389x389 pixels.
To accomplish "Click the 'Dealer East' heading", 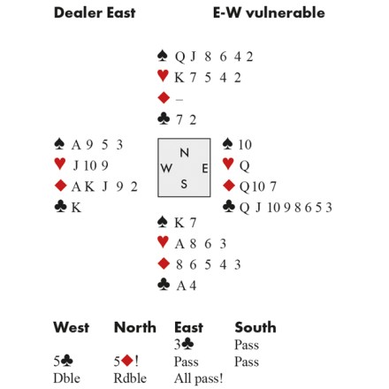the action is coord(95,13).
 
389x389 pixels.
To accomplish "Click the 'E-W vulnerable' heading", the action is coord(269,13).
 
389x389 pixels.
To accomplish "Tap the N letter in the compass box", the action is coord(184,153).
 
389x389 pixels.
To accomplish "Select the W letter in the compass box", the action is coord(166,168).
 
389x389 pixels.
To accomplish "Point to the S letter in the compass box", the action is coord(184,184).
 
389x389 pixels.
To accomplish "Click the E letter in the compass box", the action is coord(205,169).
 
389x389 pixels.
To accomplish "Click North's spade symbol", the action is coord(163,56).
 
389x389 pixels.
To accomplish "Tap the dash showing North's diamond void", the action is coord(179,100).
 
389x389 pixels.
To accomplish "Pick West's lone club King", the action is coord(76,208).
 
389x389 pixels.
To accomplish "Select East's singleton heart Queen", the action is coord(244,166).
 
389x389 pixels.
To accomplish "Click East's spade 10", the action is coord(245,145).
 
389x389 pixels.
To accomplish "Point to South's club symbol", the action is coord(164,285).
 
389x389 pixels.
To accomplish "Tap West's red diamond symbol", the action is coord(60,186).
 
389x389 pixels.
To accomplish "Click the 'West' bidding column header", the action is coord(72,327).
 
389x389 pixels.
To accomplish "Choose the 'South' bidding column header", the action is coord(256,327).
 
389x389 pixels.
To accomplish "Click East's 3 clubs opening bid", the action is coord(184,344).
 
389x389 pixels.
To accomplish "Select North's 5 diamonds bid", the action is coord(126,361).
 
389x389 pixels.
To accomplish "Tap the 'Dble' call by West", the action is coord(66,378).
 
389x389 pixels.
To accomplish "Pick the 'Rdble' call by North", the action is coord(130,378).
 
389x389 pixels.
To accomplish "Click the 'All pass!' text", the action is coord(198,378).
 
